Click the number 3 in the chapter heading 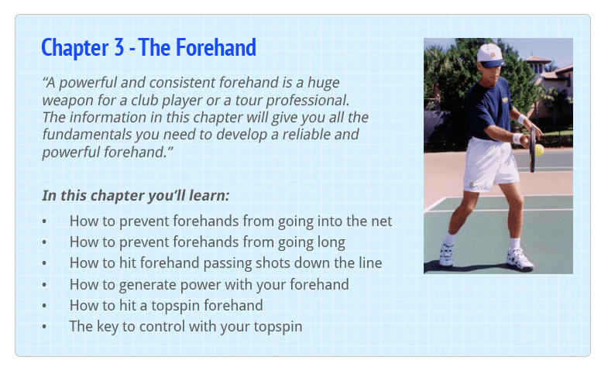coord(119,47)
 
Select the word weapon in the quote coord(67,101)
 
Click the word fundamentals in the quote coord(87,134)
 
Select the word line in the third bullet coord(370,262)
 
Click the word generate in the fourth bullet coord(147,285)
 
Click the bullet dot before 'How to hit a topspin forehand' coord(44,306)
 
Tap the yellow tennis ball coord(539,149)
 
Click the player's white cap coord(490,54)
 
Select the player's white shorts coord(489,164)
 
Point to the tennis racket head coord(533,149)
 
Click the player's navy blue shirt coord(486,108)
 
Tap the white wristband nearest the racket coord(517,139)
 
